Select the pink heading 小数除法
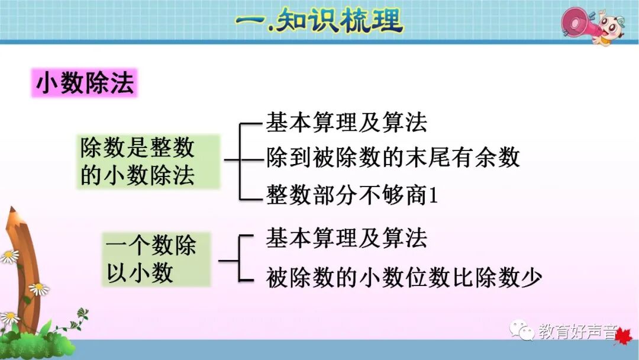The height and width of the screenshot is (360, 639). point(84,83)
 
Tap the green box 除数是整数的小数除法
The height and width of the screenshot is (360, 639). point(147,162)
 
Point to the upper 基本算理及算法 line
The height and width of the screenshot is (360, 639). point(346,123)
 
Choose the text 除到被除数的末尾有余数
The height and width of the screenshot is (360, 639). point(393,158)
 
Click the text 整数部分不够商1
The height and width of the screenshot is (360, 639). point(352,194)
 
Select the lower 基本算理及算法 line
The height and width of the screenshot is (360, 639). point(346,239)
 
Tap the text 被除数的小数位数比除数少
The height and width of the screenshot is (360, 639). point(404,277)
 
